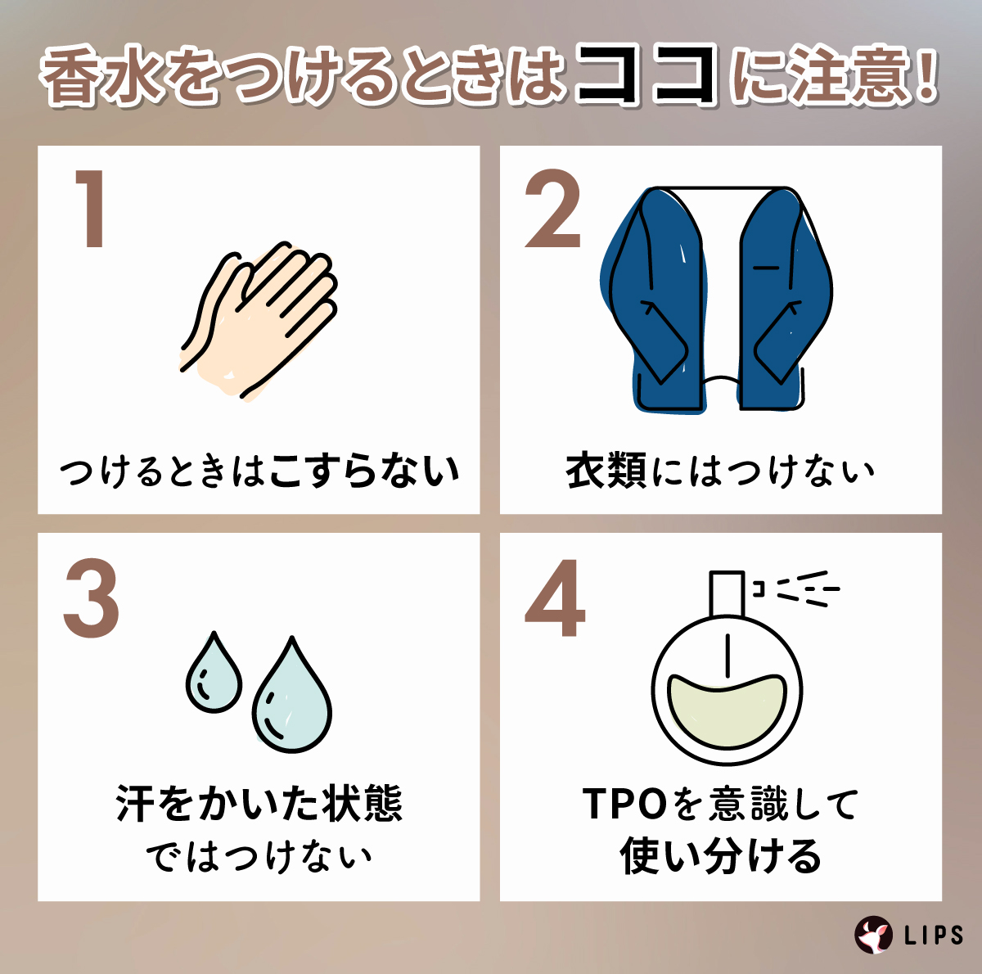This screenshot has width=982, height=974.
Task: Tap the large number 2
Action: click(553, 211)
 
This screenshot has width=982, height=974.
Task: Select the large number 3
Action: click(91, 599)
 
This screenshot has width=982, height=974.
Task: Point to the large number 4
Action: click(555, 599)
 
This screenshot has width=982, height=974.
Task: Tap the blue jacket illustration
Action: click(716, 299)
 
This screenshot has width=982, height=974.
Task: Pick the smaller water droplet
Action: click(214, 673)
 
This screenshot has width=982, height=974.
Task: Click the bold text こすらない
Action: click(364, 471)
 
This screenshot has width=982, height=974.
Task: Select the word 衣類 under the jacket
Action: click(606, 471)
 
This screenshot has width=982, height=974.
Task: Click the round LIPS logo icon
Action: click(873, 934)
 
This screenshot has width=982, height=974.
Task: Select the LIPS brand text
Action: click(934, 935)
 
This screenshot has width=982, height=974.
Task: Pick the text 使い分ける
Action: click(720, 856)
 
